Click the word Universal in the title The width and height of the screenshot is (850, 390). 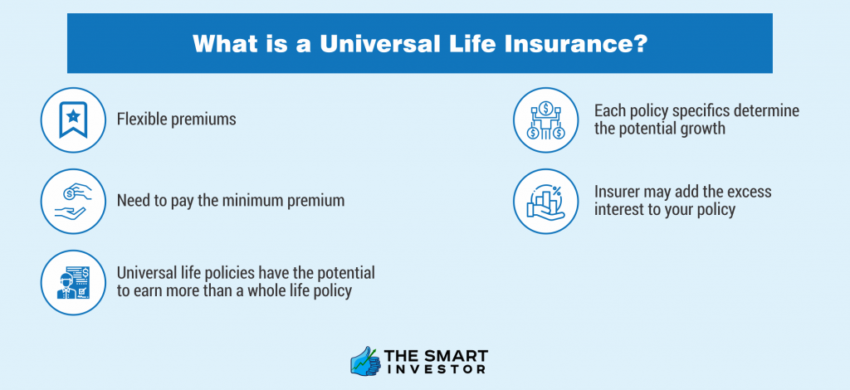[378, 44]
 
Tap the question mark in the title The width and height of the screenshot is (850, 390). [641, 44]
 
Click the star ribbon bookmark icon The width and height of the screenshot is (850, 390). [73, 119]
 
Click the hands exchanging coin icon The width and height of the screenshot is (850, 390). [73, 202]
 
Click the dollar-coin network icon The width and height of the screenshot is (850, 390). [546, 120]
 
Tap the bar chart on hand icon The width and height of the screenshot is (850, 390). [546, 202]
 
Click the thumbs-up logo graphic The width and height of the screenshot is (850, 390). [366, 361]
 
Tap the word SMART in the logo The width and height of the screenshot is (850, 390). [458, 357]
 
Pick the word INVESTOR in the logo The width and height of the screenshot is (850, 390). [437, 370]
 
